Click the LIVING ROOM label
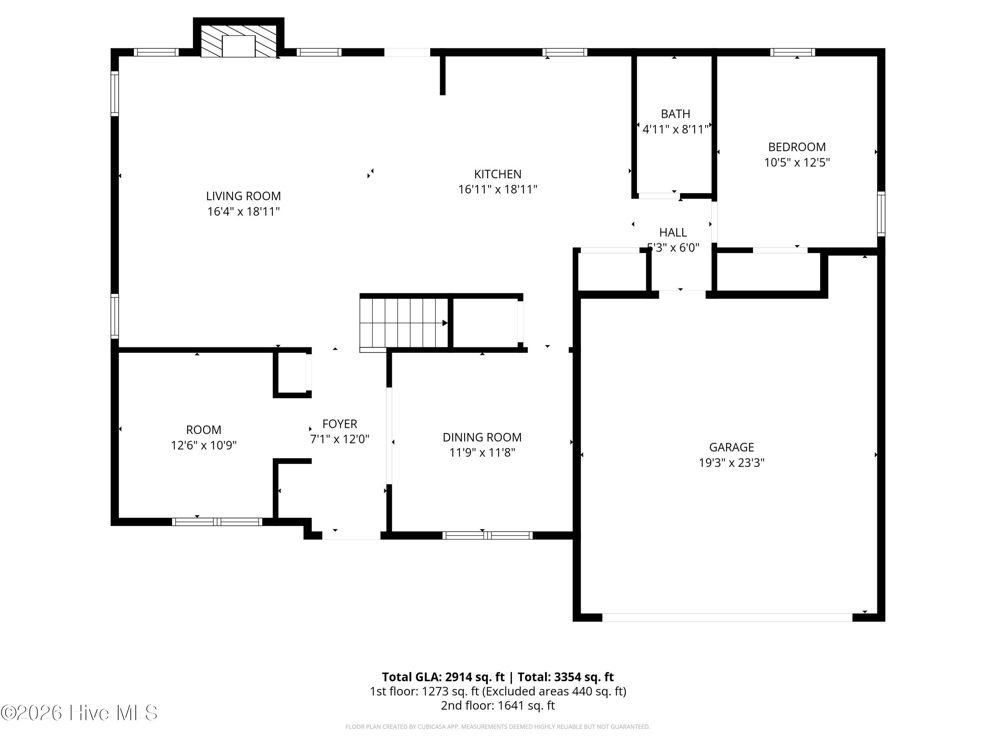click(x=243, y=196)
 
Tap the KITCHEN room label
click(x=498, y=174)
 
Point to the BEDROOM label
click(x=796, y=147)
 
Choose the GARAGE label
click(x=731, y=448)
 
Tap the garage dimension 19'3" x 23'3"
click(x=731, y=463)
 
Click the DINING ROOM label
click(x=482, y=438)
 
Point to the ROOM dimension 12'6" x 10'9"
click(x=204, y=445)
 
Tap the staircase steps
click(x=404, y=323)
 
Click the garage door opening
click(x=727, y=617)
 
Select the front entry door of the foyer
click(x=351, y=536)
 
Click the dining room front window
click(x=487, y=536)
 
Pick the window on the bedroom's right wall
click(x=881, y=214)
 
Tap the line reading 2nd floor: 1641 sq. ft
click(x=498, y=705)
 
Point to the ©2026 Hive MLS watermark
click(x=79, y=713)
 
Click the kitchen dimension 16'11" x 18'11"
click(x=498, y=190)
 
